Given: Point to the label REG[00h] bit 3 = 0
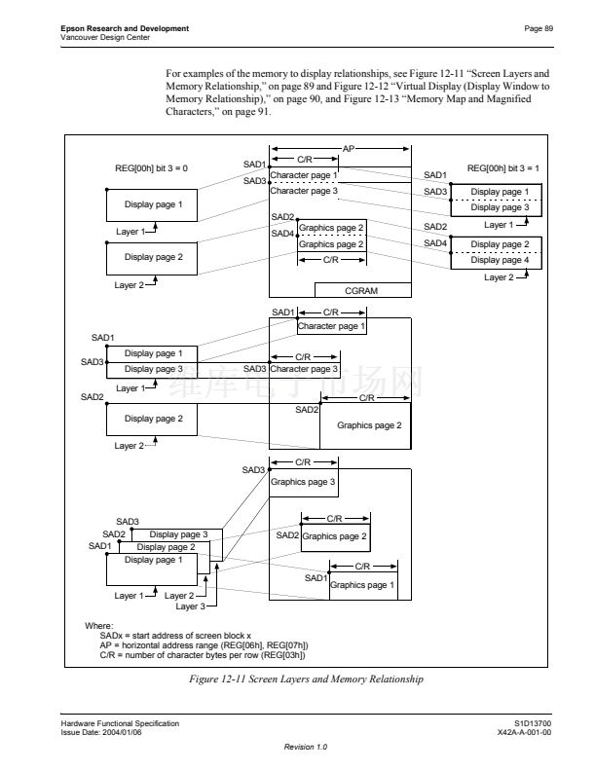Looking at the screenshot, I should [x=151, y=168].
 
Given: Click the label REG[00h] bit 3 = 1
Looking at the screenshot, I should [x=504, y=168].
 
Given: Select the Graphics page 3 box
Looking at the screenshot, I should [x=303, y=482].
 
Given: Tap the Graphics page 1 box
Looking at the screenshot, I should [x=362, y=585].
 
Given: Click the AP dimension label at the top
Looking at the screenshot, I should [x=349, y=149].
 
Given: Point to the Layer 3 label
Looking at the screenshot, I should [x=190, y=606].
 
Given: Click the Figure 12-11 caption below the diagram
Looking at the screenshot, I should [x=306, y=679].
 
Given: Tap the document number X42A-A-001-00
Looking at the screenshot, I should [x=525, y=732].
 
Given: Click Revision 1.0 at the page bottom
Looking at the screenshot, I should [x=306, y=747].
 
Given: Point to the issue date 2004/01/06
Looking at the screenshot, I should [x=143, y=732].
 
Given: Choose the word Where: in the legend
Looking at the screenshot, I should [x=99, y=625].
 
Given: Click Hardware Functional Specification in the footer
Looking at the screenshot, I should [x=120, y=724].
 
